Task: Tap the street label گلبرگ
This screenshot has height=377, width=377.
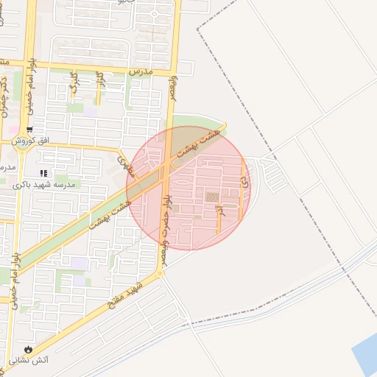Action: [74, 87]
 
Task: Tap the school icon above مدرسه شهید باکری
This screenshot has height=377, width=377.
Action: [43, 172]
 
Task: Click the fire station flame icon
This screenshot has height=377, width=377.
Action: [28, 349]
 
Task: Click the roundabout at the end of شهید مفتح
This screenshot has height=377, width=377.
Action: [159, 274]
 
